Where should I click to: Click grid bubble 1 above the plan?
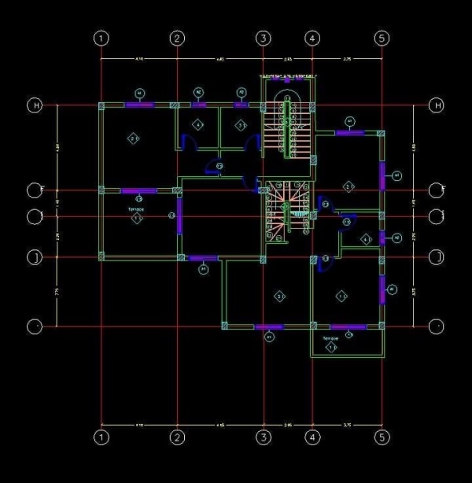pyautogui.click(x=101, y=37)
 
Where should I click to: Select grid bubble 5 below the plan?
pyautogui.click(x=382, y=437)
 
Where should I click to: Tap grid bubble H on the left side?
pyautogui.click(x=35, y=105)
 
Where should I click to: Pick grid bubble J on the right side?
pyautogui.click(x=437, y=256)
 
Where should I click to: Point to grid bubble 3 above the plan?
pyautogui.click(x=263, y=37)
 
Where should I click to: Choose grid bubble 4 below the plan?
pyautogui.click(x=312, y=437)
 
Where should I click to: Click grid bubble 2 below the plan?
pyautogui.click(x=178, y=437)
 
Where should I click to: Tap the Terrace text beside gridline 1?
pyautogui.click(x=136, y=210)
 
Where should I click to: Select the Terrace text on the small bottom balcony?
pyautogui.click(x=331, y=338)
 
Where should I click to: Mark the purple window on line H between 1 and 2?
pyautogui.click(x=138, y=105)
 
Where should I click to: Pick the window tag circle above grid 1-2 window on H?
pyautogui.click(x=139, y=93)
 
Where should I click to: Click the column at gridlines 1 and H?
pyautogui.click(x=101, y=105)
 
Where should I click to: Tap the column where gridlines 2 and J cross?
pyautogui.click(x=179, y=256)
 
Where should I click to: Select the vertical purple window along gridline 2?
pyautogui.click(x=179, y=216)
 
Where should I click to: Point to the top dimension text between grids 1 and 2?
pyautogui.click(x=139, y=59)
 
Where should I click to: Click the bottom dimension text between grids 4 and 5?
pyautogui.click(x=347, y=425)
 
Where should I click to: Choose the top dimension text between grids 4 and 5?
pyautogui.click(x=347, y=59)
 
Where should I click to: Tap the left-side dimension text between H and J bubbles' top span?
pyautogui.click(x=57, y=147)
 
